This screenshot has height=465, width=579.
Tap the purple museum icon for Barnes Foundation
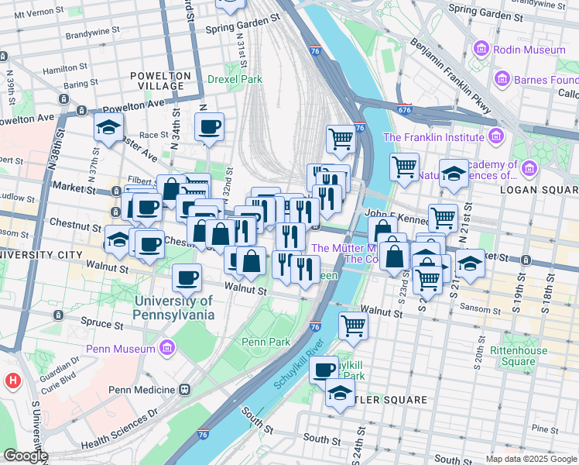coord(503,80)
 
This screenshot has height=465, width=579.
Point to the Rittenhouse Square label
coord(518,356)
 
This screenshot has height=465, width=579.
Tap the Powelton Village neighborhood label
coord(160,81)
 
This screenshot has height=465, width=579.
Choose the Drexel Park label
coord(235,79)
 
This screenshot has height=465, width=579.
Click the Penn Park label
coord(266,342)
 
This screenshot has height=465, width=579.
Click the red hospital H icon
coord(12,381)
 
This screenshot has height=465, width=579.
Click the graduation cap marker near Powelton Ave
coord(108,128)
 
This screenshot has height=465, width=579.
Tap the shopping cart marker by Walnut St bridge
coord(353,325)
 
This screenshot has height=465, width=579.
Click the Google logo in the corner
coord(25,456)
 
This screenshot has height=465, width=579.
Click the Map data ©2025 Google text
coord(531,459)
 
